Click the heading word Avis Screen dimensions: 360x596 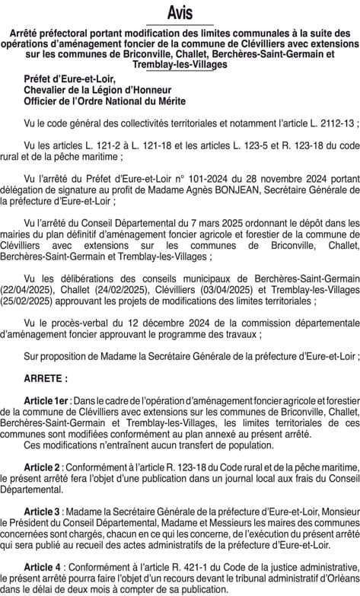coord(180,13)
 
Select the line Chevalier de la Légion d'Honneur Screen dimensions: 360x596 coord(95,90)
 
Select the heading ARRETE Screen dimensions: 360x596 coord(46,378)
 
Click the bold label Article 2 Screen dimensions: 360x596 coord(43,467)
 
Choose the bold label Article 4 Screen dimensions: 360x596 coord(43,567)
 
